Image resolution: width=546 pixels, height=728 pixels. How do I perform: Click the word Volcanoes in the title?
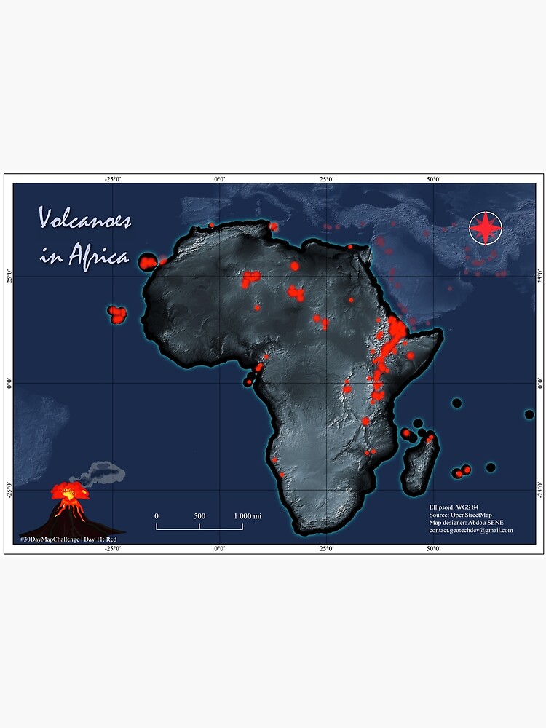pyautogui.click(x=84, y=218)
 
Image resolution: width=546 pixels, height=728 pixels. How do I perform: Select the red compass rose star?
pyautogui.click(x=486, y=228)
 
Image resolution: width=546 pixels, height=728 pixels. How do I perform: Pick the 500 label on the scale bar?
pyautogui.click(x=199, y=516)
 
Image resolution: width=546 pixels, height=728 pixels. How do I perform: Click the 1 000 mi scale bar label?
pyautogui.click(x=248, y=516)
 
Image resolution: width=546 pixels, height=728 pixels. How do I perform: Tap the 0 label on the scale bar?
pyautogui.click(x=157, y=516)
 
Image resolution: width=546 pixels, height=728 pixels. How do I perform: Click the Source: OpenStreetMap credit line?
pyautogui.click(x=461, y=514)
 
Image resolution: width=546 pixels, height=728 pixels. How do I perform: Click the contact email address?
pyautogui.click(x=471, y=530)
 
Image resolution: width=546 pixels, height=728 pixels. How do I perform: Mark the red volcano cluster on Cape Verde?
pyautogui.click(x=117, y=314)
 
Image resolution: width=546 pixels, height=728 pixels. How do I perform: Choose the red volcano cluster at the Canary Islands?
pyautogui.click(x=149, y=261)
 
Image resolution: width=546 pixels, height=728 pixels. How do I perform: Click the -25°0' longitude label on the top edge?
pyautogui.click(x=113, y=179)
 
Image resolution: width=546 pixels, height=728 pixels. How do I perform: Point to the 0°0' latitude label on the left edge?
pyautogui.click(x=9, y=383)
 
